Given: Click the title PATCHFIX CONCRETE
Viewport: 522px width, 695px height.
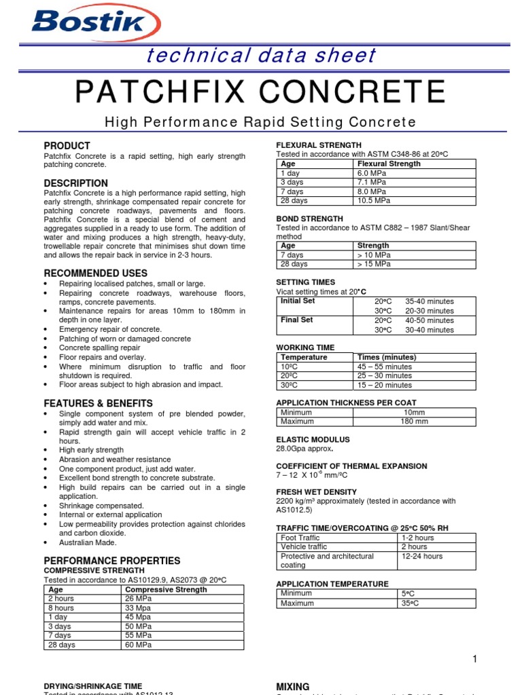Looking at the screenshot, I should coord(260,92).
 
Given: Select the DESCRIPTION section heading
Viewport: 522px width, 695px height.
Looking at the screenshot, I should coord(75,183).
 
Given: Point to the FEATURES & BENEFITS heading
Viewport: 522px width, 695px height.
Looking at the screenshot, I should coord(98,403).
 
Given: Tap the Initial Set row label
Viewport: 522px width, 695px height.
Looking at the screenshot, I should coord(298,301).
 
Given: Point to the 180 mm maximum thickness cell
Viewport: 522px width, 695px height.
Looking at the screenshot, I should coord(415,421).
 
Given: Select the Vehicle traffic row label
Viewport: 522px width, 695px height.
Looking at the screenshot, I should coord(304,546).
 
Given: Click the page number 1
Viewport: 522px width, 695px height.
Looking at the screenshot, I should coord(474,659).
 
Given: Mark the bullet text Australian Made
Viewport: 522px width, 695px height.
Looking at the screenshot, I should coord(88,542).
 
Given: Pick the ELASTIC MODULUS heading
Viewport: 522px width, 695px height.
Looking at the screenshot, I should coord(313,439).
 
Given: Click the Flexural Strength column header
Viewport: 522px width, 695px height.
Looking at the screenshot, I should coord(389,164).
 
